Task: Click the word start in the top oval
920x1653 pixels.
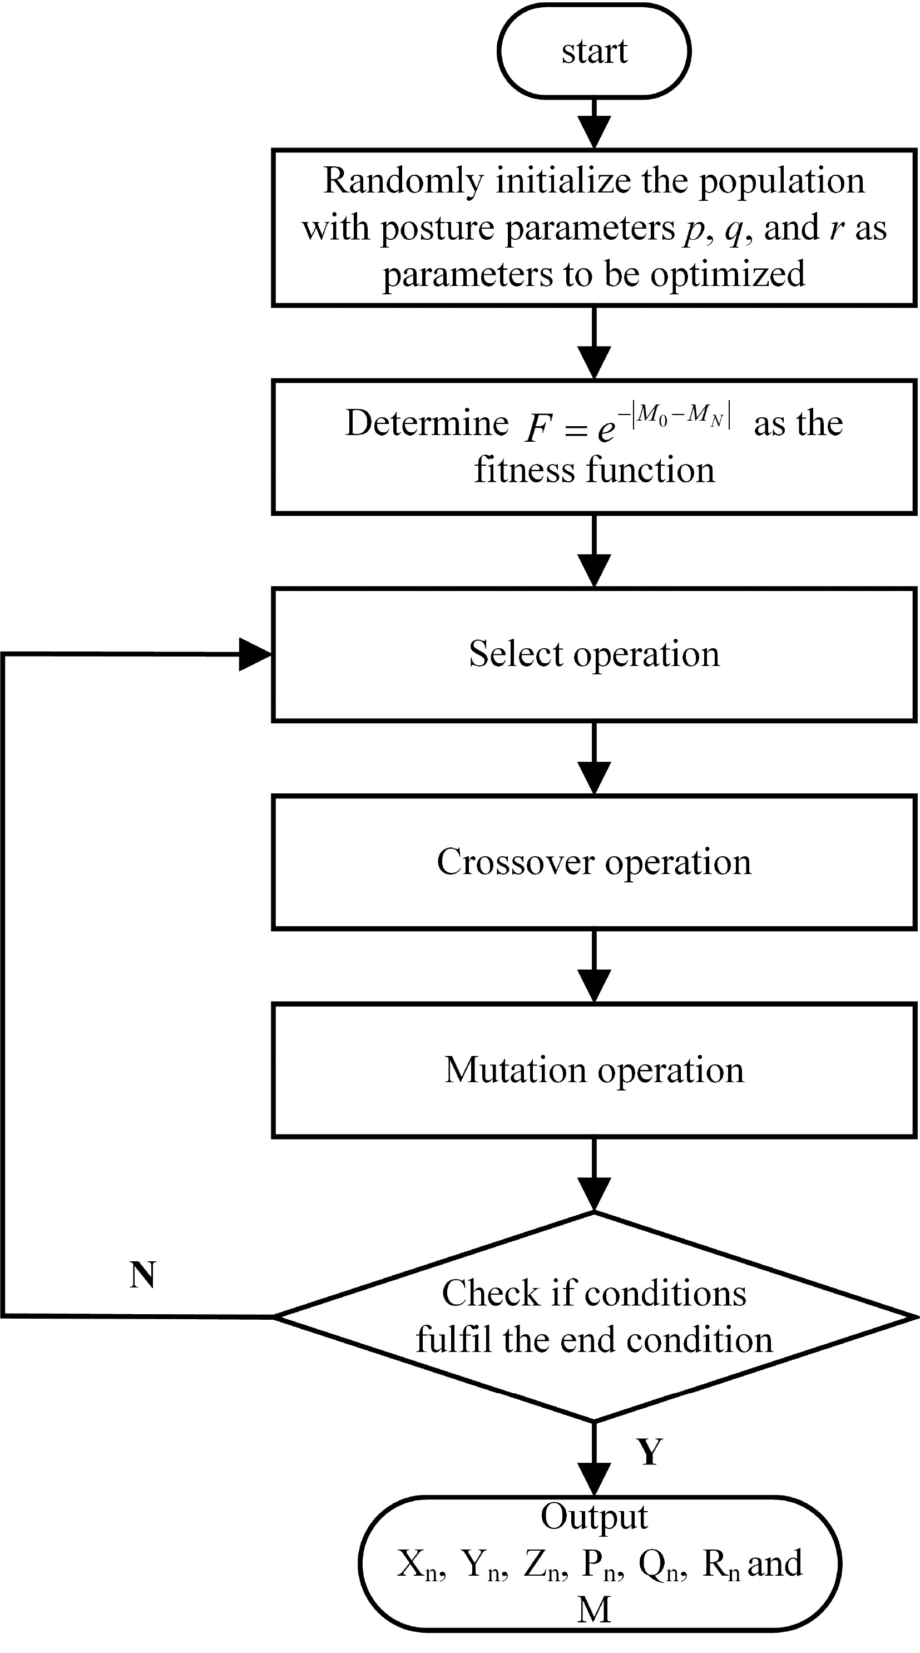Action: click(594, 51)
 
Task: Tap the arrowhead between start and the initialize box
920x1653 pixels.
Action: click(594, 131)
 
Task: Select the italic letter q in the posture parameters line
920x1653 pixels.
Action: click(733, 230)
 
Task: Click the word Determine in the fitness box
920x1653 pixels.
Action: click(427, 423)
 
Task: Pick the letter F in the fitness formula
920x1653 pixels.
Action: click(538, 428)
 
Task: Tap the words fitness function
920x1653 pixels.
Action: click(594, 470)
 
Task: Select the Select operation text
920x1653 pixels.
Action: click(594, 654)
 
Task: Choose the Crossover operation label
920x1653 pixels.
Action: click(594, 862)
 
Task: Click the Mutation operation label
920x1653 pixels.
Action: click(594, 1070)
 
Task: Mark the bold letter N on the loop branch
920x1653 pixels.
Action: click(142, 1275)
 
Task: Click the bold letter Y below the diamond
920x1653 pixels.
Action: click(649, 1452)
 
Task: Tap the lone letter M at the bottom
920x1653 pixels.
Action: click(594, 1610)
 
